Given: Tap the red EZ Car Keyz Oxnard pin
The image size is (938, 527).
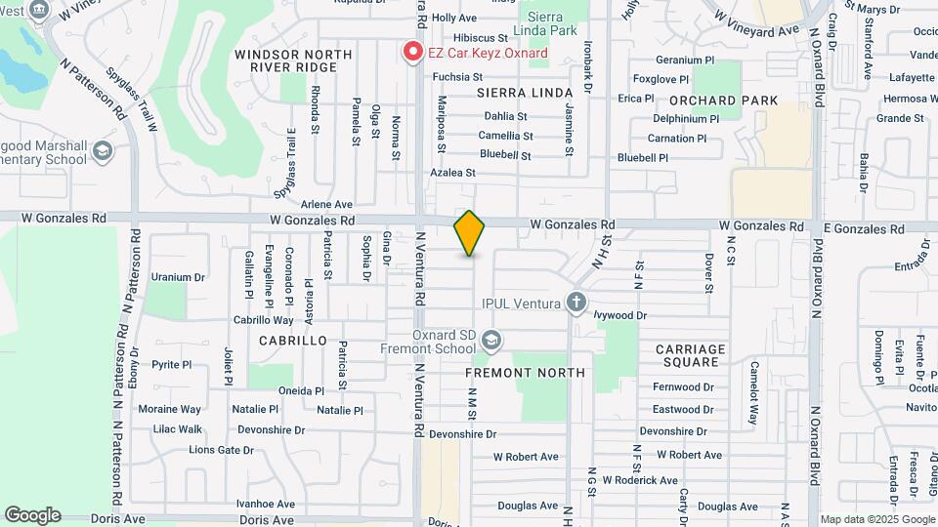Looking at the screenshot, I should [x=413, y=51].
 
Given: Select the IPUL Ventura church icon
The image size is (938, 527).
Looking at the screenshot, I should [x=576, y=302].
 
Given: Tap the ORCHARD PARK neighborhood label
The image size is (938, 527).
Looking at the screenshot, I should [x=724, y=101].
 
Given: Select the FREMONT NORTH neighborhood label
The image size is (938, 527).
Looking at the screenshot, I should [x=525, y=373].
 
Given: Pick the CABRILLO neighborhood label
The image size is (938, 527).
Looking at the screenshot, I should [x=293, y=341].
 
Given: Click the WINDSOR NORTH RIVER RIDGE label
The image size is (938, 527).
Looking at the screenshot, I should [x=286, y=60].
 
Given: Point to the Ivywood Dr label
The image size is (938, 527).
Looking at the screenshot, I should [x=620, y=315].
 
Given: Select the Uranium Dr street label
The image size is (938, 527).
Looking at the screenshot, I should [x=178, y=277].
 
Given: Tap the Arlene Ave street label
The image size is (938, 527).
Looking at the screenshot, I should [x=326, y=205].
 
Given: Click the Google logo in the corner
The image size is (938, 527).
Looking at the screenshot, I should [x=32, y=515].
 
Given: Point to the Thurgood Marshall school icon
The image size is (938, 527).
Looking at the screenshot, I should [x=103, y=152].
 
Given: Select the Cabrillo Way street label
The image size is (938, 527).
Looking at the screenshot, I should [x=263, y=320].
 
